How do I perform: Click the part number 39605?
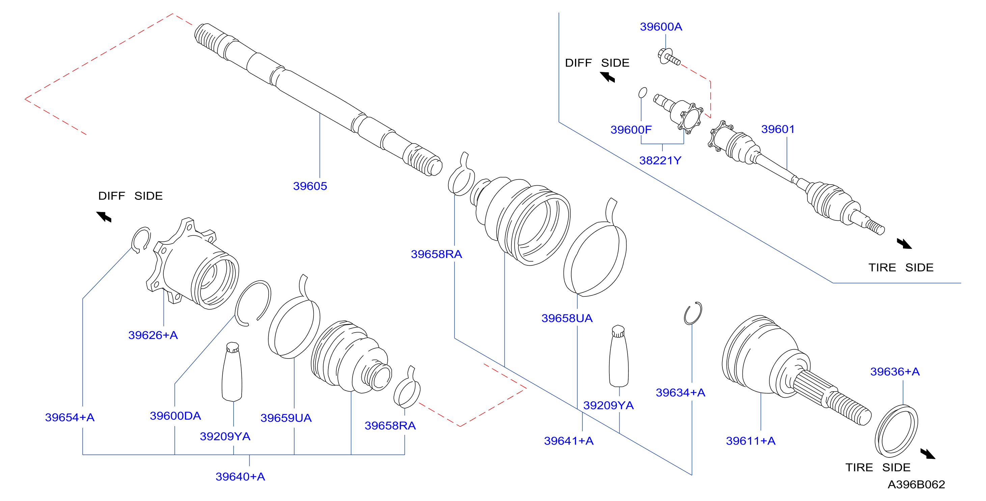coord(310,186)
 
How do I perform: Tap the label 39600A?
coord(661,27)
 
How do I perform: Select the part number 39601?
coord(778,129)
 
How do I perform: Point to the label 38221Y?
coord(660,160)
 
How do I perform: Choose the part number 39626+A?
coord(153,335)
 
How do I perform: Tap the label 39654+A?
coord(70,417)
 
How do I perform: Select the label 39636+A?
coord(895,372)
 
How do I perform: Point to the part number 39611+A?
coord(750,441)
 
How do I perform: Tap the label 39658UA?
coord(567,318)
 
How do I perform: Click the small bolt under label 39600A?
coord(669,57)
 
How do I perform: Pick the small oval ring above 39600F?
coord(643,93)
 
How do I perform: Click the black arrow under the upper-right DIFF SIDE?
coord(607,77)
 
